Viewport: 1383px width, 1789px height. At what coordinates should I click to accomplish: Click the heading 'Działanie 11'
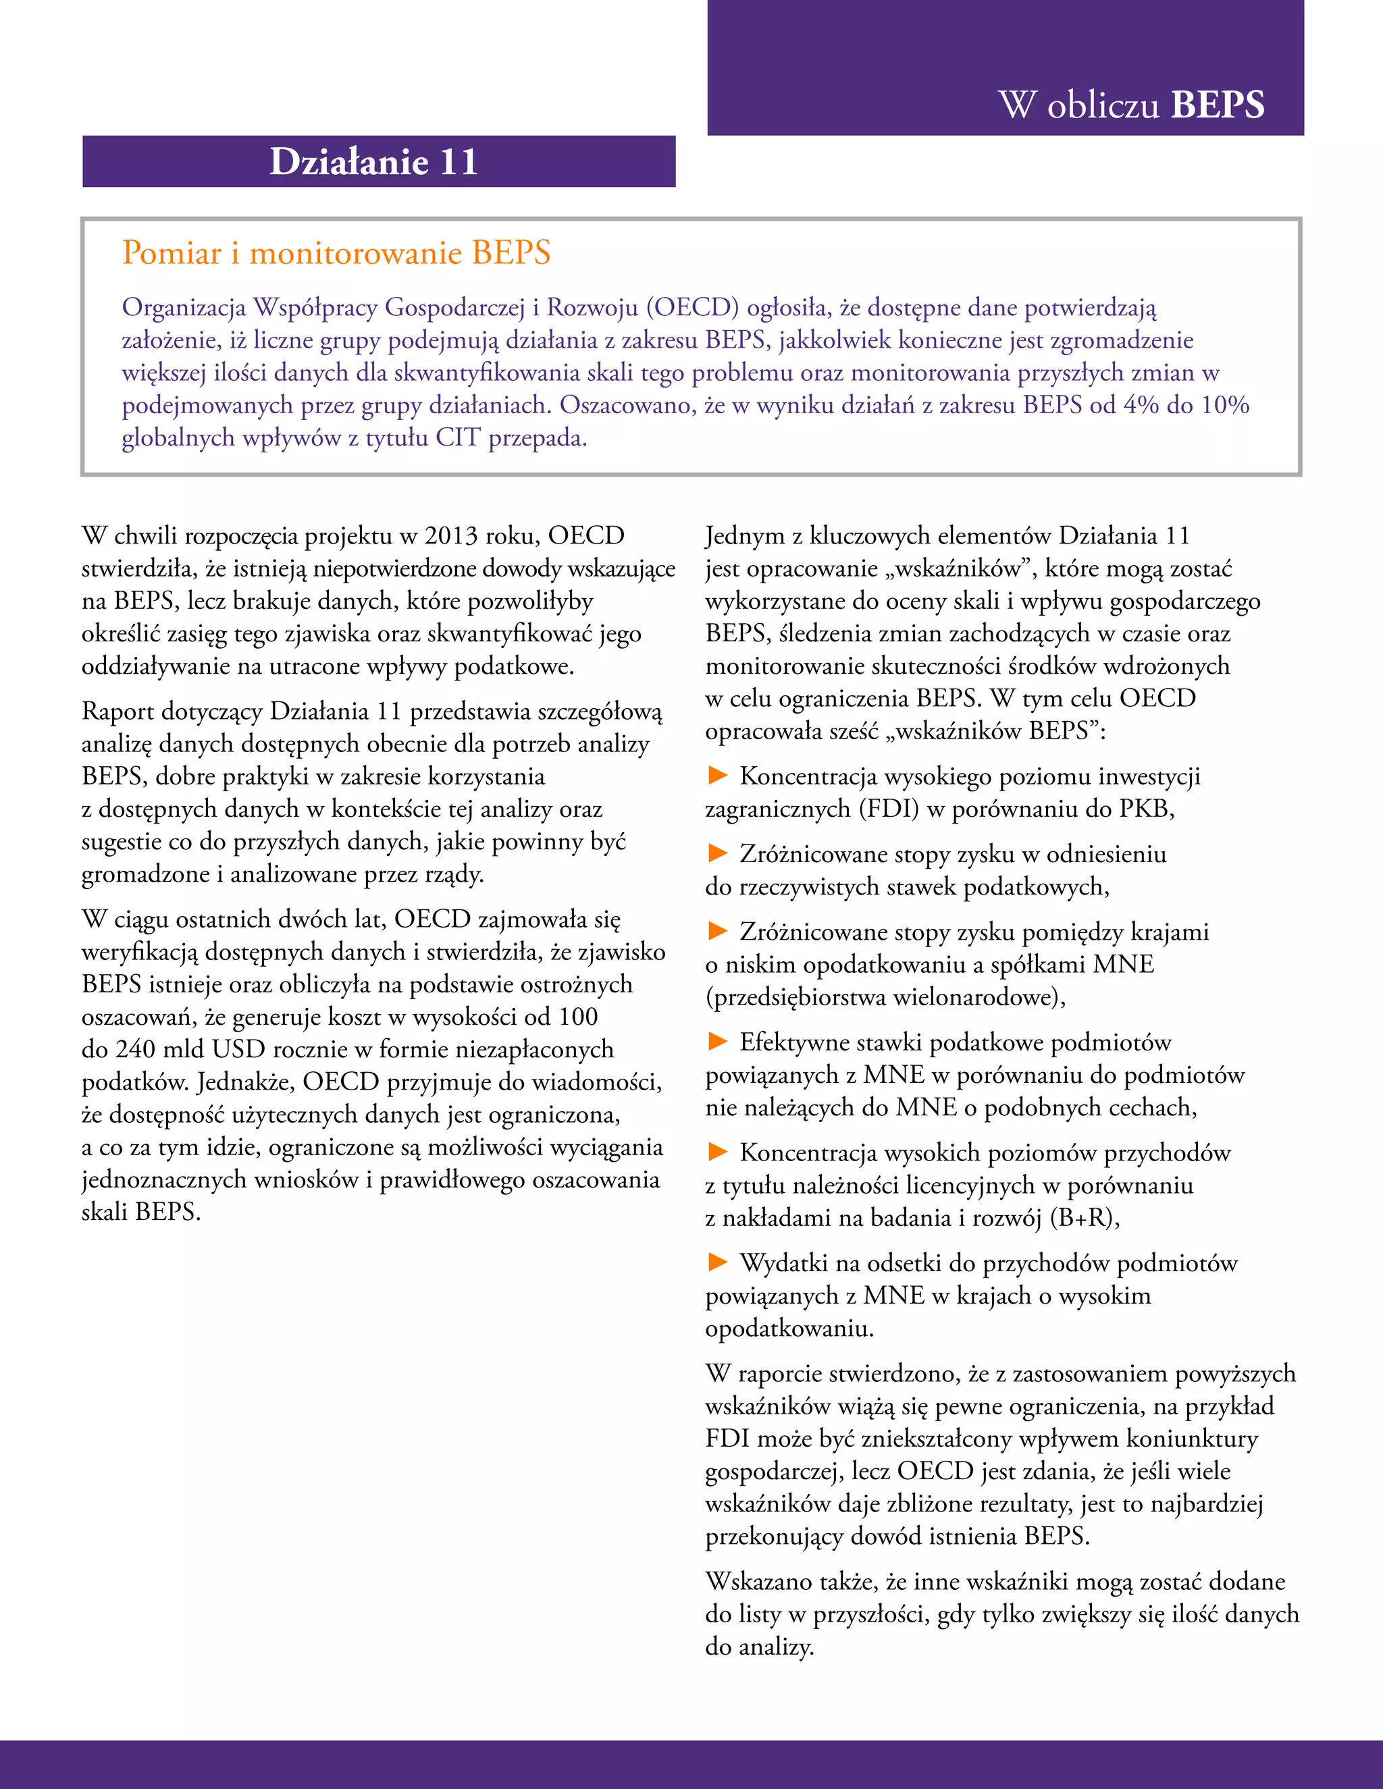[x=373, y=161]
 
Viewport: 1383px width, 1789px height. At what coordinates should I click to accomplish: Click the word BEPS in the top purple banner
[x=1218, y=105]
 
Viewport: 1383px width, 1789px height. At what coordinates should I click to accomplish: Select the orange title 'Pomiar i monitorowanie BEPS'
[x=336, y=252]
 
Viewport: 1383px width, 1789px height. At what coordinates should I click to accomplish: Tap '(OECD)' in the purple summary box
[x=692, y=307]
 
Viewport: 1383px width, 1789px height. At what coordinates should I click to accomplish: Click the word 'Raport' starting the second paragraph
[x=118, y=711]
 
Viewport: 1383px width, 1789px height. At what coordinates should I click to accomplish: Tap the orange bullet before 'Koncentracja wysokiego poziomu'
[x=718, y=775]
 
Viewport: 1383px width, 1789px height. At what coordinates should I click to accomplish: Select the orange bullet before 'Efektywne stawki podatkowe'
[x=718, y=1041]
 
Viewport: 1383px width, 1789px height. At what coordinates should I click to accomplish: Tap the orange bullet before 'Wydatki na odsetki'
[x=718, y=1262]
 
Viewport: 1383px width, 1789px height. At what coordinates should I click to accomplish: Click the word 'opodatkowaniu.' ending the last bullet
[x=789, y=1328]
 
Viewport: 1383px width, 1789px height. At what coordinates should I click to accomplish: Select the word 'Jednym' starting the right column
[x=745, y=536]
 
